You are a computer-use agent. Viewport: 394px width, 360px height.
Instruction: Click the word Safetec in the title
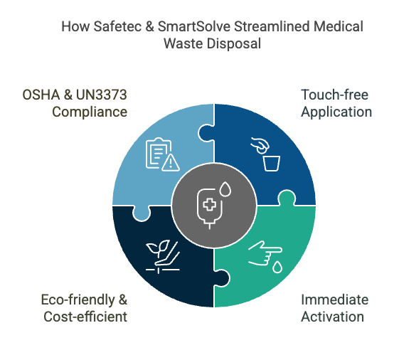[x=117, y=26]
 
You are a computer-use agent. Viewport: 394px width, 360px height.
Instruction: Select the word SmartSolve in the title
[x=193, y=26]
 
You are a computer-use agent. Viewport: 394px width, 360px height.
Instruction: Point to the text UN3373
[x=101, y=95]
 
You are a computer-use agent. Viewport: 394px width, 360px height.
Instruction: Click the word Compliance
[x=90, y=112]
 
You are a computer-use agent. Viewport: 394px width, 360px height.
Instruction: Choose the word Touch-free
[x=334, y=95]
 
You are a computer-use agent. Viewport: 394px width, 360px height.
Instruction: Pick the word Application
[x=336, y=112]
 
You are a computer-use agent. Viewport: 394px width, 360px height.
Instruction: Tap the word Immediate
[x=335, y=300]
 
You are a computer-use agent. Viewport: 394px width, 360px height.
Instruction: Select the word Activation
[x=332, y=317]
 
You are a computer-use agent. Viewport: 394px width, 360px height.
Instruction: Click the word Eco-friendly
[x=78, y=300]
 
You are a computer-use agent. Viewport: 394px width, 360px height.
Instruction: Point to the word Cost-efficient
[x=85, y=317]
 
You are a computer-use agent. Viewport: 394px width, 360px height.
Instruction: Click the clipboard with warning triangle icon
[x=163, y=154]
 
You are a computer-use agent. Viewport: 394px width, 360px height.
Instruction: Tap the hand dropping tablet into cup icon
[x=265, y=154]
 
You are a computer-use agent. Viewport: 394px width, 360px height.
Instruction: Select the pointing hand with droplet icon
[x=265, y=257]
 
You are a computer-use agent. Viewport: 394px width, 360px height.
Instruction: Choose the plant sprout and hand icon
[x=163, y=257]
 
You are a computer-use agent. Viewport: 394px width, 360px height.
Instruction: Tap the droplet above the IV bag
[x=225, y=189]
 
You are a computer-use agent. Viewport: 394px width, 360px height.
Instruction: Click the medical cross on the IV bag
[x=210, y=204]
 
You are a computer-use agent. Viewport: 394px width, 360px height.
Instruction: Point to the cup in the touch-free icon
[x=272, y=164]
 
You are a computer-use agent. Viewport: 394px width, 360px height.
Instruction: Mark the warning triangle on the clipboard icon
[x=171, y=163]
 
